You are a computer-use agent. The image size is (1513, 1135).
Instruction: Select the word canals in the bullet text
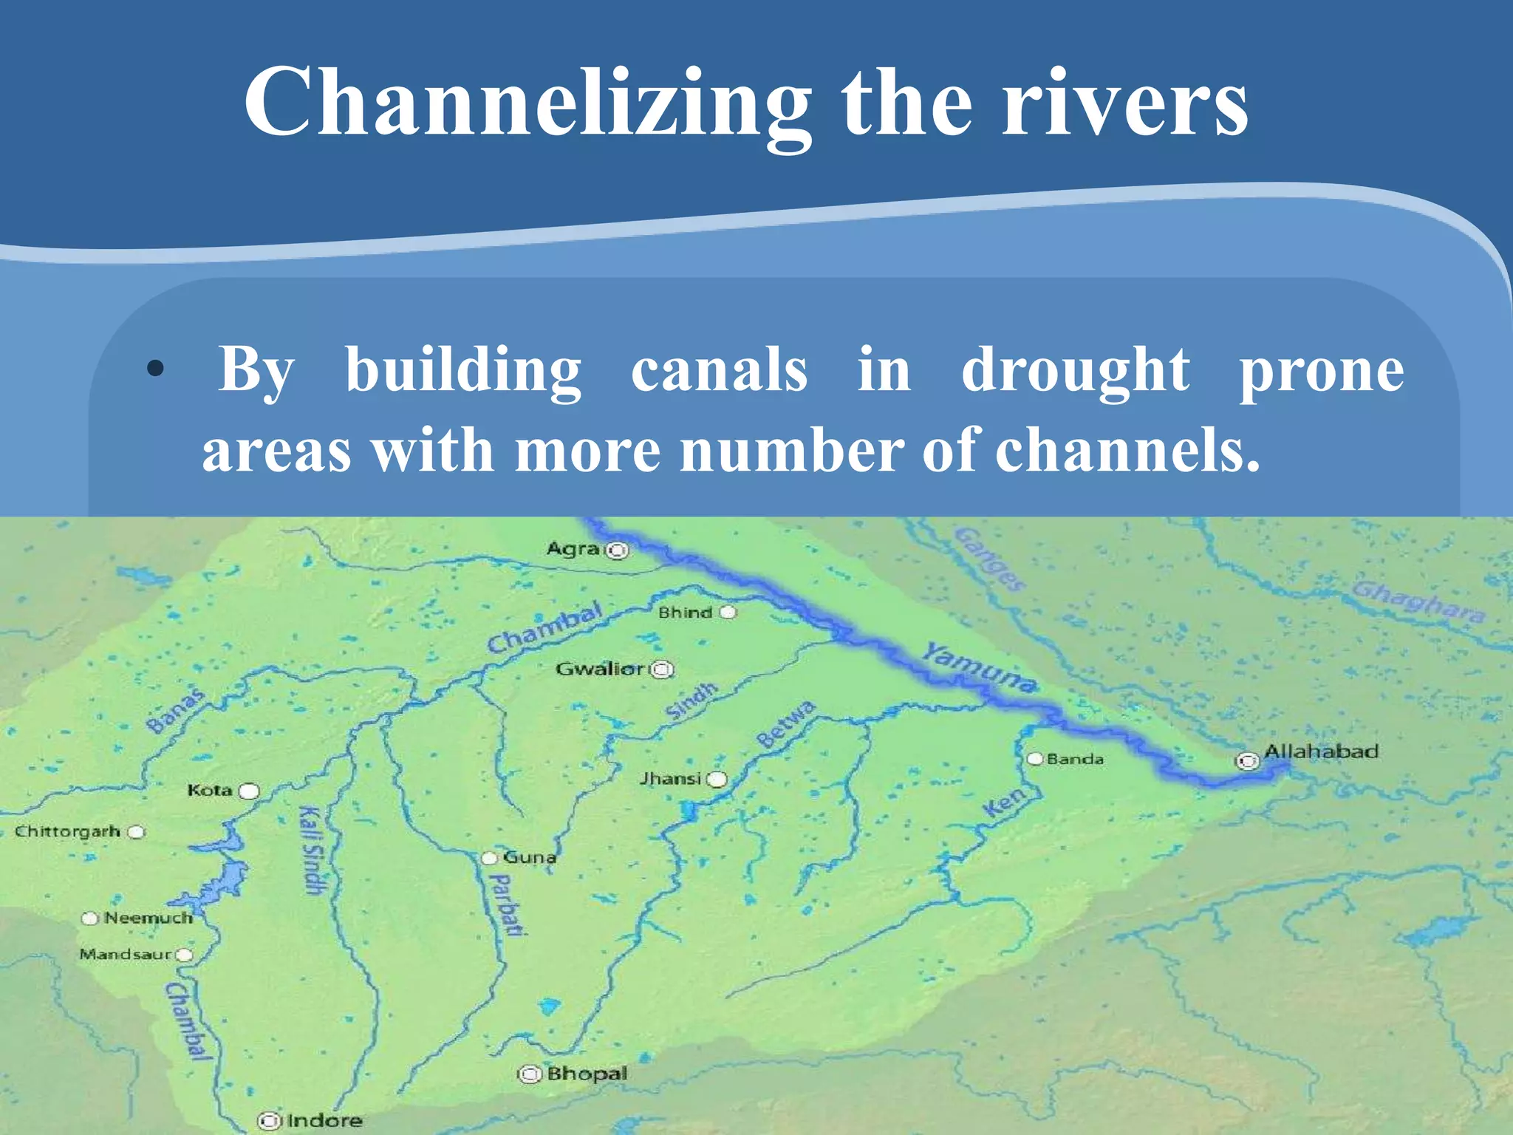719,369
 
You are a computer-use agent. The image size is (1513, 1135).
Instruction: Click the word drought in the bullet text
1075,369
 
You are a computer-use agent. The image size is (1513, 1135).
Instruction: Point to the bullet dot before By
154,368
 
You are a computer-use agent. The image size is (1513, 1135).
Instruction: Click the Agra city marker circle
618,551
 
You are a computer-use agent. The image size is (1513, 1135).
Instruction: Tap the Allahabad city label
1321,751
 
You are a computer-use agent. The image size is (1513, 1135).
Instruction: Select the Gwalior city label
600,669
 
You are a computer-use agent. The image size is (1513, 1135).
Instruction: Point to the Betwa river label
786,724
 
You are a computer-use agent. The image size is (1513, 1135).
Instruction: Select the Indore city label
324,1121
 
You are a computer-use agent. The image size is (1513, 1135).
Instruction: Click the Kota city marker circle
250,791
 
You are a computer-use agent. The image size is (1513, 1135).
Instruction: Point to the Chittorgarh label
67,831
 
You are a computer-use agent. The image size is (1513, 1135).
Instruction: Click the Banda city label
1075,759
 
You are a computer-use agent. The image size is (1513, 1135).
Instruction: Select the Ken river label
1005,801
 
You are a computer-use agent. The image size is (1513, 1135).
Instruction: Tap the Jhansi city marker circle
717,780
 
